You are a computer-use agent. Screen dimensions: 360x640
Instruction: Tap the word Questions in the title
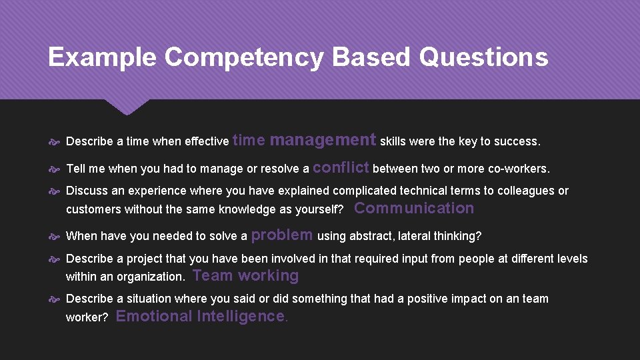click(483, 57)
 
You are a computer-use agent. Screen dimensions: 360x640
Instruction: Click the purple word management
click(323, 140)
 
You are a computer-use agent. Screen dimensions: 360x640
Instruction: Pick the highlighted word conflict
click(341, 167)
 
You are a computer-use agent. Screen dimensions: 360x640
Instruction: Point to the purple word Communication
click(414, 208)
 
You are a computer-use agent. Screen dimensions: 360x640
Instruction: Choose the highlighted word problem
click(282, 234)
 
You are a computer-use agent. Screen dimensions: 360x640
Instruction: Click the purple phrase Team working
click(245, 275)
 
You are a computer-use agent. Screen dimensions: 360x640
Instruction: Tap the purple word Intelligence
click(242, 316)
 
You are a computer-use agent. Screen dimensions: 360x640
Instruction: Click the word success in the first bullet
click(516, 141)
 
